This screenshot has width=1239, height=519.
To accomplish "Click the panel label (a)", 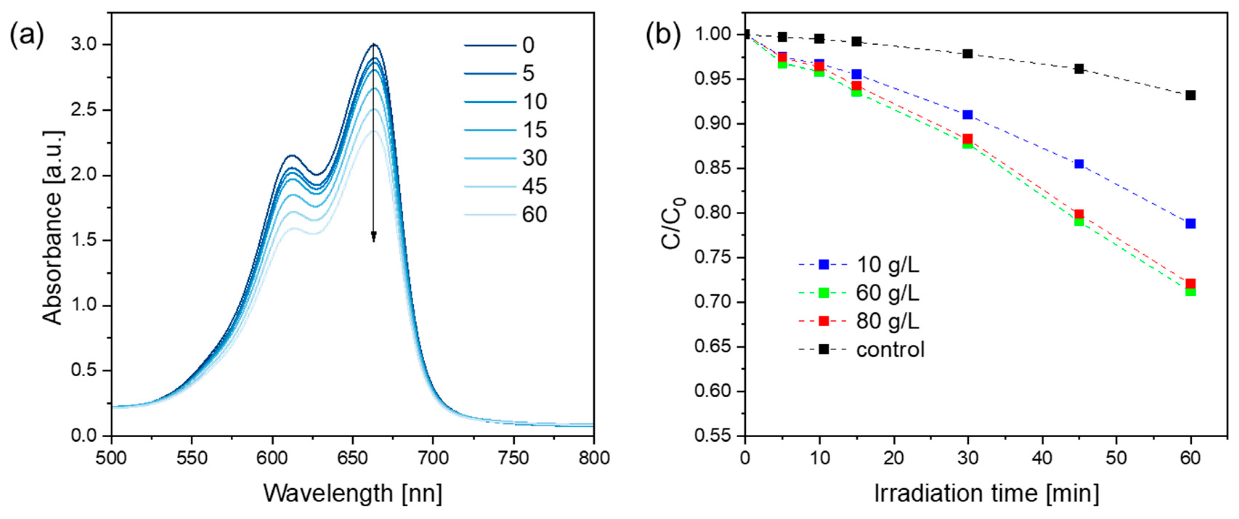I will pos(27,36).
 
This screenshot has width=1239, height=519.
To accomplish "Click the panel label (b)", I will pos(663,35).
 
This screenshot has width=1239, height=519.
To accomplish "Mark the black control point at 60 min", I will pos(1190,95).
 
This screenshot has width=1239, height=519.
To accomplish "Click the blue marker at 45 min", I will pos(1079,164).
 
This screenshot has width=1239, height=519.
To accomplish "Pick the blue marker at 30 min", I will pos(968,114).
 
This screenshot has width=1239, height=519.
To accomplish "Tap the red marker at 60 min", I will pos(1190,283).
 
